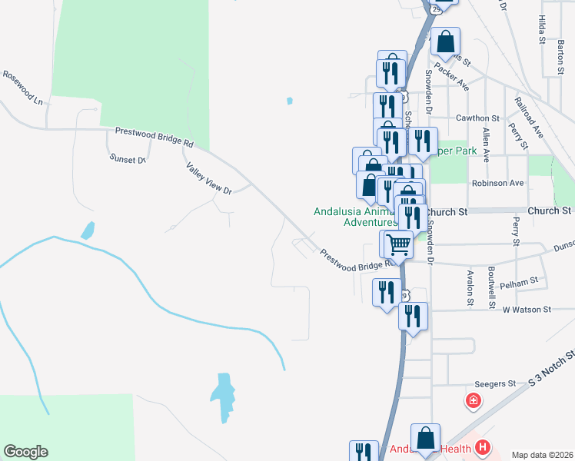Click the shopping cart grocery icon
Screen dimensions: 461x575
tap(398, 244)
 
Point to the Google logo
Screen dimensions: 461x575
tap(25, 452)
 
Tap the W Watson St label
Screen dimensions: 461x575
tap(527, 310)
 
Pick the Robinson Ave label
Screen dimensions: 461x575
tap(498, 184)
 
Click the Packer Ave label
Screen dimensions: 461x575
tap(451, 74)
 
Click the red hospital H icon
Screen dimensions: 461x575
tap(483, 446)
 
